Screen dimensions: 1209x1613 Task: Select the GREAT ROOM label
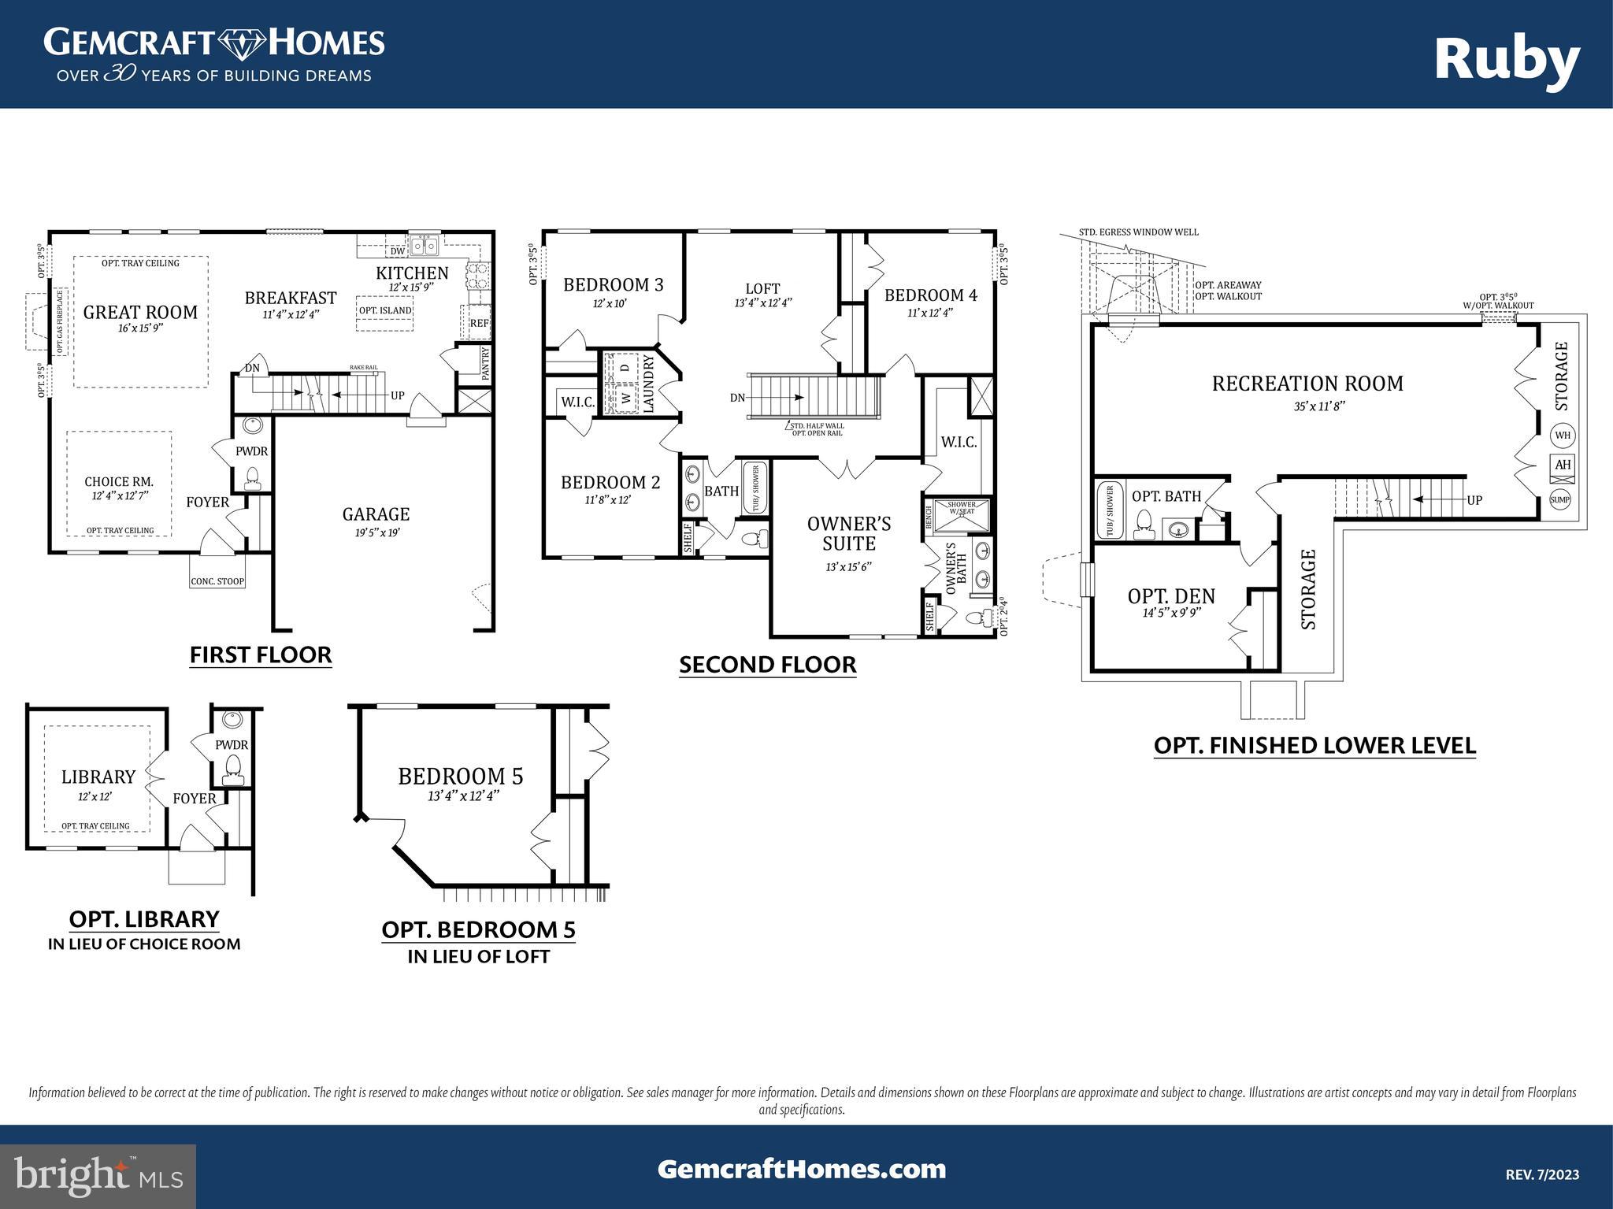(140, 312)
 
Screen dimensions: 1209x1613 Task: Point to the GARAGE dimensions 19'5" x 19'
(376, 532)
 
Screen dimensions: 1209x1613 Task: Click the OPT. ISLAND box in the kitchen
(385, 310)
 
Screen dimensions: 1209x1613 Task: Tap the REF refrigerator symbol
(478, 323)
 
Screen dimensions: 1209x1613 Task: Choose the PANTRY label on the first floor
(485, 363)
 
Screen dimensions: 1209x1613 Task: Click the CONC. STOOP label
(217, 581)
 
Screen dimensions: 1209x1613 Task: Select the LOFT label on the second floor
(762, 288)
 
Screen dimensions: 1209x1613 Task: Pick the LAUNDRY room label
(649, 384)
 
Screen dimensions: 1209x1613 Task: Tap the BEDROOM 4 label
(930, 295)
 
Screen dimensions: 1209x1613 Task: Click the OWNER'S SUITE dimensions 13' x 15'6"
(848, 566)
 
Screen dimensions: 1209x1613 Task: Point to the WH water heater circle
(1562, 435)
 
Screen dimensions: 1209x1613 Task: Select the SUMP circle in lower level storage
(1560, 499)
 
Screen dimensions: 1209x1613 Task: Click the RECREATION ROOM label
(1307, 384)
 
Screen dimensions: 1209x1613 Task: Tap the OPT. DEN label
(1171, 596)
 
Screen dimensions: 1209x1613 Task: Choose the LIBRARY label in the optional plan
(98, 777)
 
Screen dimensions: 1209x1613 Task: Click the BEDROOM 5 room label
(460, 776)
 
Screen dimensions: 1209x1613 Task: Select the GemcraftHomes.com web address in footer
(802, 1169)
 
